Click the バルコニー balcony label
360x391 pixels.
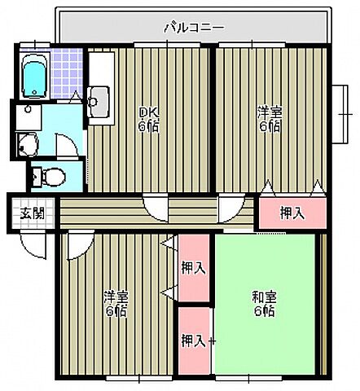[193, 27]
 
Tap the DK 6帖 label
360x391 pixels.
[147, 119]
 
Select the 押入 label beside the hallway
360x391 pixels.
[292, 213]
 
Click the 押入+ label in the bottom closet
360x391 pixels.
[196, 339]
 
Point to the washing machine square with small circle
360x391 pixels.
[28, 111]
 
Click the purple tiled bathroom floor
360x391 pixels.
[65, 73]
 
